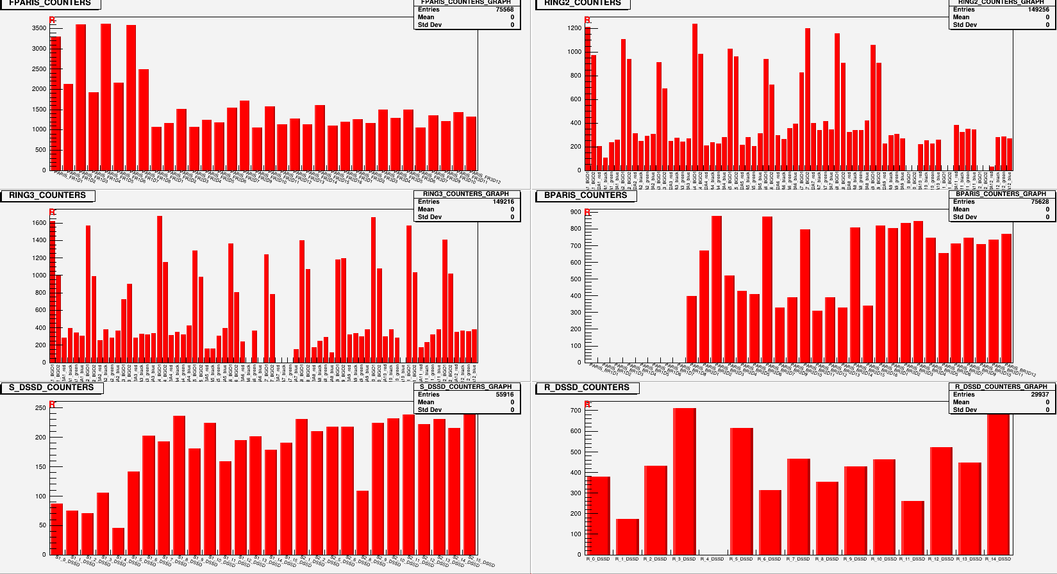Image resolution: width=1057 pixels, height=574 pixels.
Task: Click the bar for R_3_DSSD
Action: point(684,480)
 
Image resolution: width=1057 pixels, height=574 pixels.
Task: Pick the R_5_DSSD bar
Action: point(741,491)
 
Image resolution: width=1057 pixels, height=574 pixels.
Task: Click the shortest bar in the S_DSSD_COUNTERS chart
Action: point(118,541)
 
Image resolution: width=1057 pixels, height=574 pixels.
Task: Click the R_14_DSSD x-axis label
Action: point(998,559)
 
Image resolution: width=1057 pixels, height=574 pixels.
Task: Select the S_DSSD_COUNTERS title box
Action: point(51,388)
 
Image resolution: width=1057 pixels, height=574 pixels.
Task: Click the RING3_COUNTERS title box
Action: point(47,195)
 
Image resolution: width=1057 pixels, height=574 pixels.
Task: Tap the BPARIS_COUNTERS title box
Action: point(586,195)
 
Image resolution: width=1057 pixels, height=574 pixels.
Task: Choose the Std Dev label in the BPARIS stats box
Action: point(965,217)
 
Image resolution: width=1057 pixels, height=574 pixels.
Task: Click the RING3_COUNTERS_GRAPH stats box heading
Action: point(466,194)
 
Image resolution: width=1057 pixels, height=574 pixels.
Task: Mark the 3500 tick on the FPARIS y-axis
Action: point(38,28)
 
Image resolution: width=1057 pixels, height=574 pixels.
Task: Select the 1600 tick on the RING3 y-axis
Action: point(38,223)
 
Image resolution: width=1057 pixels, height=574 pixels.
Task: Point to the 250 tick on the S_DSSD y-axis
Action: point(40,407)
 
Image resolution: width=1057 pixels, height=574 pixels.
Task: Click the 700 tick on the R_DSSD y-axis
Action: point(575,411)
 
